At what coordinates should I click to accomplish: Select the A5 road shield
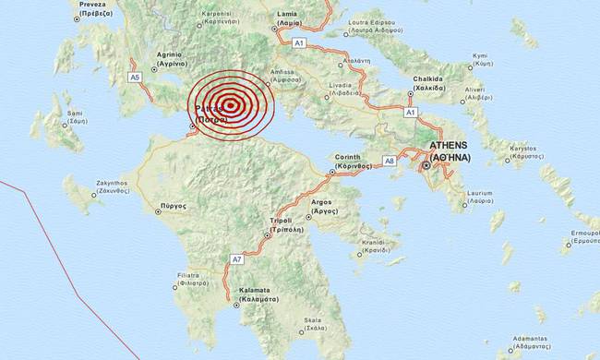(x=135, y=78)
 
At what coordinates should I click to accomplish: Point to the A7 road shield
(x=236, y=259)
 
